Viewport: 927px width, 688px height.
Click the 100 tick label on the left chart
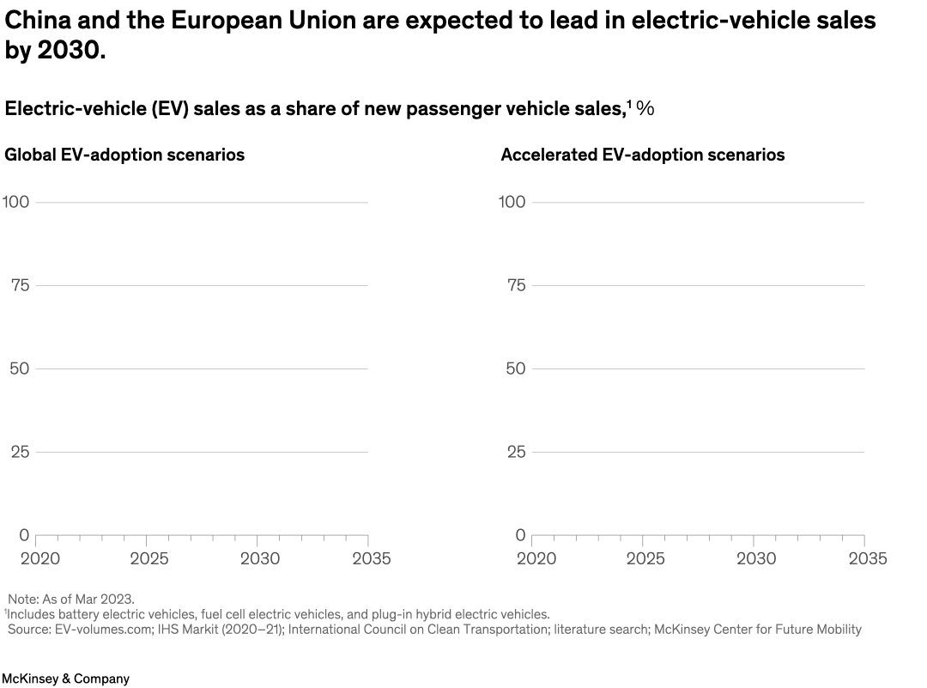coord(15,202)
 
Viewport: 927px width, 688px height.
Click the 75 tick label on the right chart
coord(515,285)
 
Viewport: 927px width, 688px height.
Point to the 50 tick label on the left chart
coord(20,368)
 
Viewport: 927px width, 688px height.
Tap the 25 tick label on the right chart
coord(515,452)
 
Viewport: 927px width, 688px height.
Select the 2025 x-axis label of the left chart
coord(148,558)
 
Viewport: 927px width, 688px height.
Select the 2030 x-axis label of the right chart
coord(756,558)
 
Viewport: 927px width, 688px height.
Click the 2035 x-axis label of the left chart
coord(371,558)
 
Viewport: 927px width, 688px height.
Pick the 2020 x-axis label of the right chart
coord(536,558)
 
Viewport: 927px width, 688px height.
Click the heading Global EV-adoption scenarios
coord(124,155)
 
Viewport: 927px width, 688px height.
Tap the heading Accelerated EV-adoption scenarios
coord(642,155)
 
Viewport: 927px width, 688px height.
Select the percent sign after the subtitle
coord(645,108)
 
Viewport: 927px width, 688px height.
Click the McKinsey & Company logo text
coord(65,679)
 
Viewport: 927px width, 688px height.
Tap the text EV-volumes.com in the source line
coord(97,630)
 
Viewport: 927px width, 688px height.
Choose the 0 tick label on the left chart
coord(24,535)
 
